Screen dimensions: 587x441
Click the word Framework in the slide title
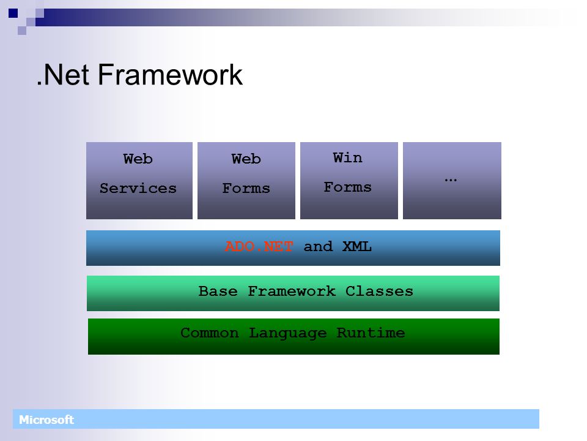point(170,75)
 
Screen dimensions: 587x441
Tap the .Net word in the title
point(63,75)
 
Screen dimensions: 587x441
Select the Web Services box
point(139,180)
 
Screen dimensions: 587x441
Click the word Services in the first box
point(138,188)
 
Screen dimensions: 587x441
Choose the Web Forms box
point(246,180)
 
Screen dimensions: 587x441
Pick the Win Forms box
point(349,180)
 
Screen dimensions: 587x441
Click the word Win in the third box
point(347,157)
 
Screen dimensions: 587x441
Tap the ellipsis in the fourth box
point(451,180)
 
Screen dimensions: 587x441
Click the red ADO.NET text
point(259,246)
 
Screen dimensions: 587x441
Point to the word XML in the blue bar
point(356,246)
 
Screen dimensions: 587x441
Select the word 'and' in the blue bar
point(318,246)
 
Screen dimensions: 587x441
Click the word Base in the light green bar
point(218,291)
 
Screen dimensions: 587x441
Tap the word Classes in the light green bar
point(379,291)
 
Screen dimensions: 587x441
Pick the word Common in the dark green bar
point(210,333)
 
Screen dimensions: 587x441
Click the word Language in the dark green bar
point(288,333)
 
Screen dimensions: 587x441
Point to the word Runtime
point(371,333)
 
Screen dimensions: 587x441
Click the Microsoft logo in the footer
point(46,420)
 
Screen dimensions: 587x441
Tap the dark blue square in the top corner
point(13,13)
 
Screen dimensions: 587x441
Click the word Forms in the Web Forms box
point(246,188)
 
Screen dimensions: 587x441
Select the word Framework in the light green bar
point(292,291)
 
